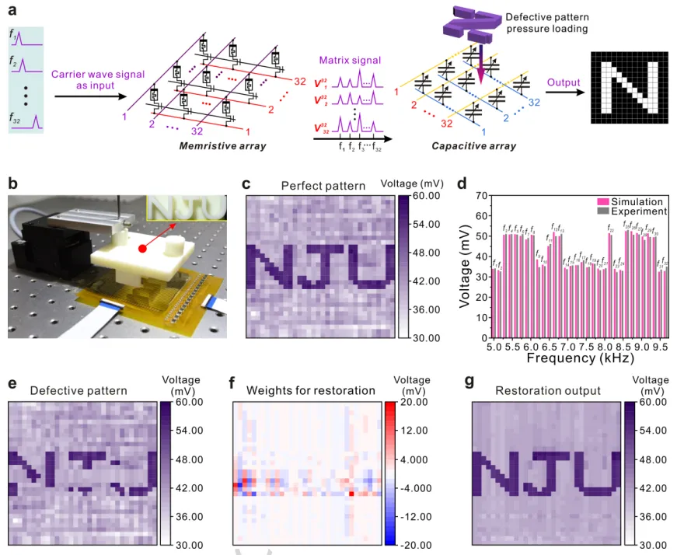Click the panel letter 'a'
(x=12, y=9)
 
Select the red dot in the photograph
(x=143, y=250)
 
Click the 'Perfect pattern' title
(x=313, y=186)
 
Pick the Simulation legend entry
(x=630, y=201)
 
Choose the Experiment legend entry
(x=630, y=211)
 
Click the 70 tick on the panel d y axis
(x=482, y=196)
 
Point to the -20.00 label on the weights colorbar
(x=414, y=544)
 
